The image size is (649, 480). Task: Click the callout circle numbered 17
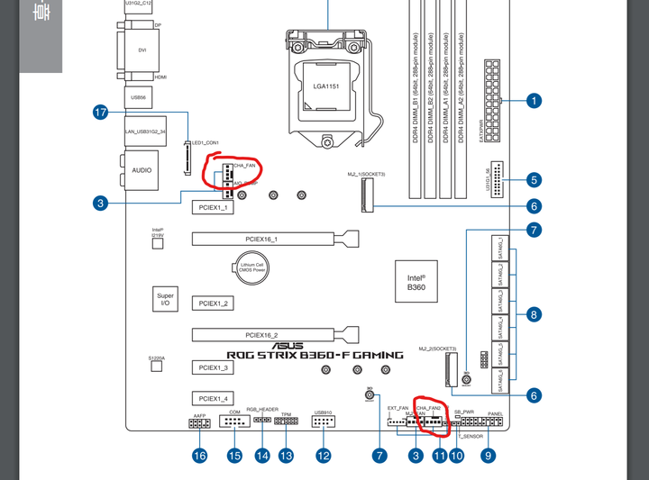101,113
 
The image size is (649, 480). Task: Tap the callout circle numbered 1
534,101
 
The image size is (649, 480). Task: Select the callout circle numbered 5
534,180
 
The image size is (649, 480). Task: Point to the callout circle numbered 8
534,314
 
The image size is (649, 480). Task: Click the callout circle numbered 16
199,456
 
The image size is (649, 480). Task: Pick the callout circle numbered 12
324,456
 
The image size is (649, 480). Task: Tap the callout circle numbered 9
488,456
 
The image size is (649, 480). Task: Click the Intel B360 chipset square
417,282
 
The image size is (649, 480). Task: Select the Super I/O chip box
165,299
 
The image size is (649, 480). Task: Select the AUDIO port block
142,169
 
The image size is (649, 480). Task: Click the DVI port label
142,50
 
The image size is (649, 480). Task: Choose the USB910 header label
324,413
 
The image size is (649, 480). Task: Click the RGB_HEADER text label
262,409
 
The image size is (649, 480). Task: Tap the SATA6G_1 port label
501,247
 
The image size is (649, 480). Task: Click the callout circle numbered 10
457,456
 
